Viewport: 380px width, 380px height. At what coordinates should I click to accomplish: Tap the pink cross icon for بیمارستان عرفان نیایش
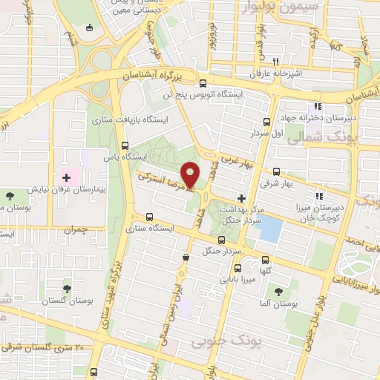(68, 177)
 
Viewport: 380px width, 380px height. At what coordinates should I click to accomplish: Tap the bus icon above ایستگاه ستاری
(150, 217)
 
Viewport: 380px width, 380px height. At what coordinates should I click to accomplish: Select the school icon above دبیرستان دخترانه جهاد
(318, 107)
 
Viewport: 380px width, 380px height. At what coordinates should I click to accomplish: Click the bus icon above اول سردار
(267, 122)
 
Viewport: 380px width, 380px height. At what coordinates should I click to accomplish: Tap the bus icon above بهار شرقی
(277, 171)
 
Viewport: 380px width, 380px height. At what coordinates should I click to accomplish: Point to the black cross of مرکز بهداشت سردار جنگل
(240, 197)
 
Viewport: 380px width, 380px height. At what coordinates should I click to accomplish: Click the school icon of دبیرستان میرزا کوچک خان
(318, 196)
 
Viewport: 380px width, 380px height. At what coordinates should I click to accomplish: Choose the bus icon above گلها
(267, 260)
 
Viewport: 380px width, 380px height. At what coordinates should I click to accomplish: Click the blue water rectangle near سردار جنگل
(270, 230)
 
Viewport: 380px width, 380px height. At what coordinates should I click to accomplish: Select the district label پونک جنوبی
(216, 341)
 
